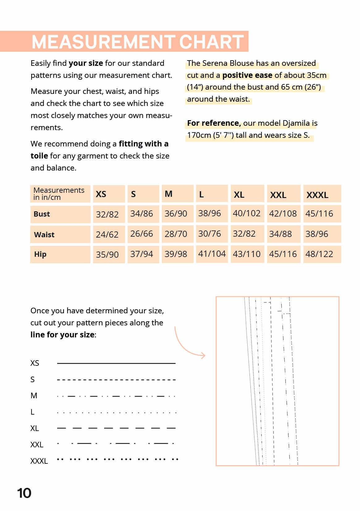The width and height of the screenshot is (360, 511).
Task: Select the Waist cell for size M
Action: [x=176, y=234]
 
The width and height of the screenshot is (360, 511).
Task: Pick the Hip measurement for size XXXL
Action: [x=319, y=254]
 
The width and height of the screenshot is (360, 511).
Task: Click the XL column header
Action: [x=239, y=195]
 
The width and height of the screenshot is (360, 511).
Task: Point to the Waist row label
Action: [x=44, y=235]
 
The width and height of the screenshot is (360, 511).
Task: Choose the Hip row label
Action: [x=40, y=254]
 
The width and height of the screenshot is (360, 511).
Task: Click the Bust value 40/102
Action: [x=247, y=213]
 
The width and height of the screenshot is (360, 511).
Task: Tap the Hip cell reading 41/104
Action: [x=212, y=254]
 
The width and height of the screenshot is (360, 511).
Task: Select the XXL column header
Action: [x=278, y=195]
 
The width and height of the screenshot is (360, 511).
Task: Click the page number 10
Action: [x=24, y=493]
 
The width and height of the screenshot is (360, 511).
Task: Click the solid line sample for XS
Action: [x=116, y=363]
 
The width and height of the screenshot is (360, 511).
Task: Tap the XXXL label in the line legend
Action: [x=39, y=461]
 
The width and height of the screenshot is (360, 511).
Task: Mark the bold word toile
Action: [x=39, y=156]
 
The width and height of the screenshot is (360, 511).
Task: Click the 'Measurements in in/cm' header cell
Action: [x=59, y=194]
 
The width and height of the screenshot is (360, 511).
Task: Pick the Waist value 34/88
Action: [x=280, y=234]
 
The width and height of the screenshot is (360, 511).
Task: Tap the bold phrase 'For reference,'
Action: [x=214, y=123]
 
